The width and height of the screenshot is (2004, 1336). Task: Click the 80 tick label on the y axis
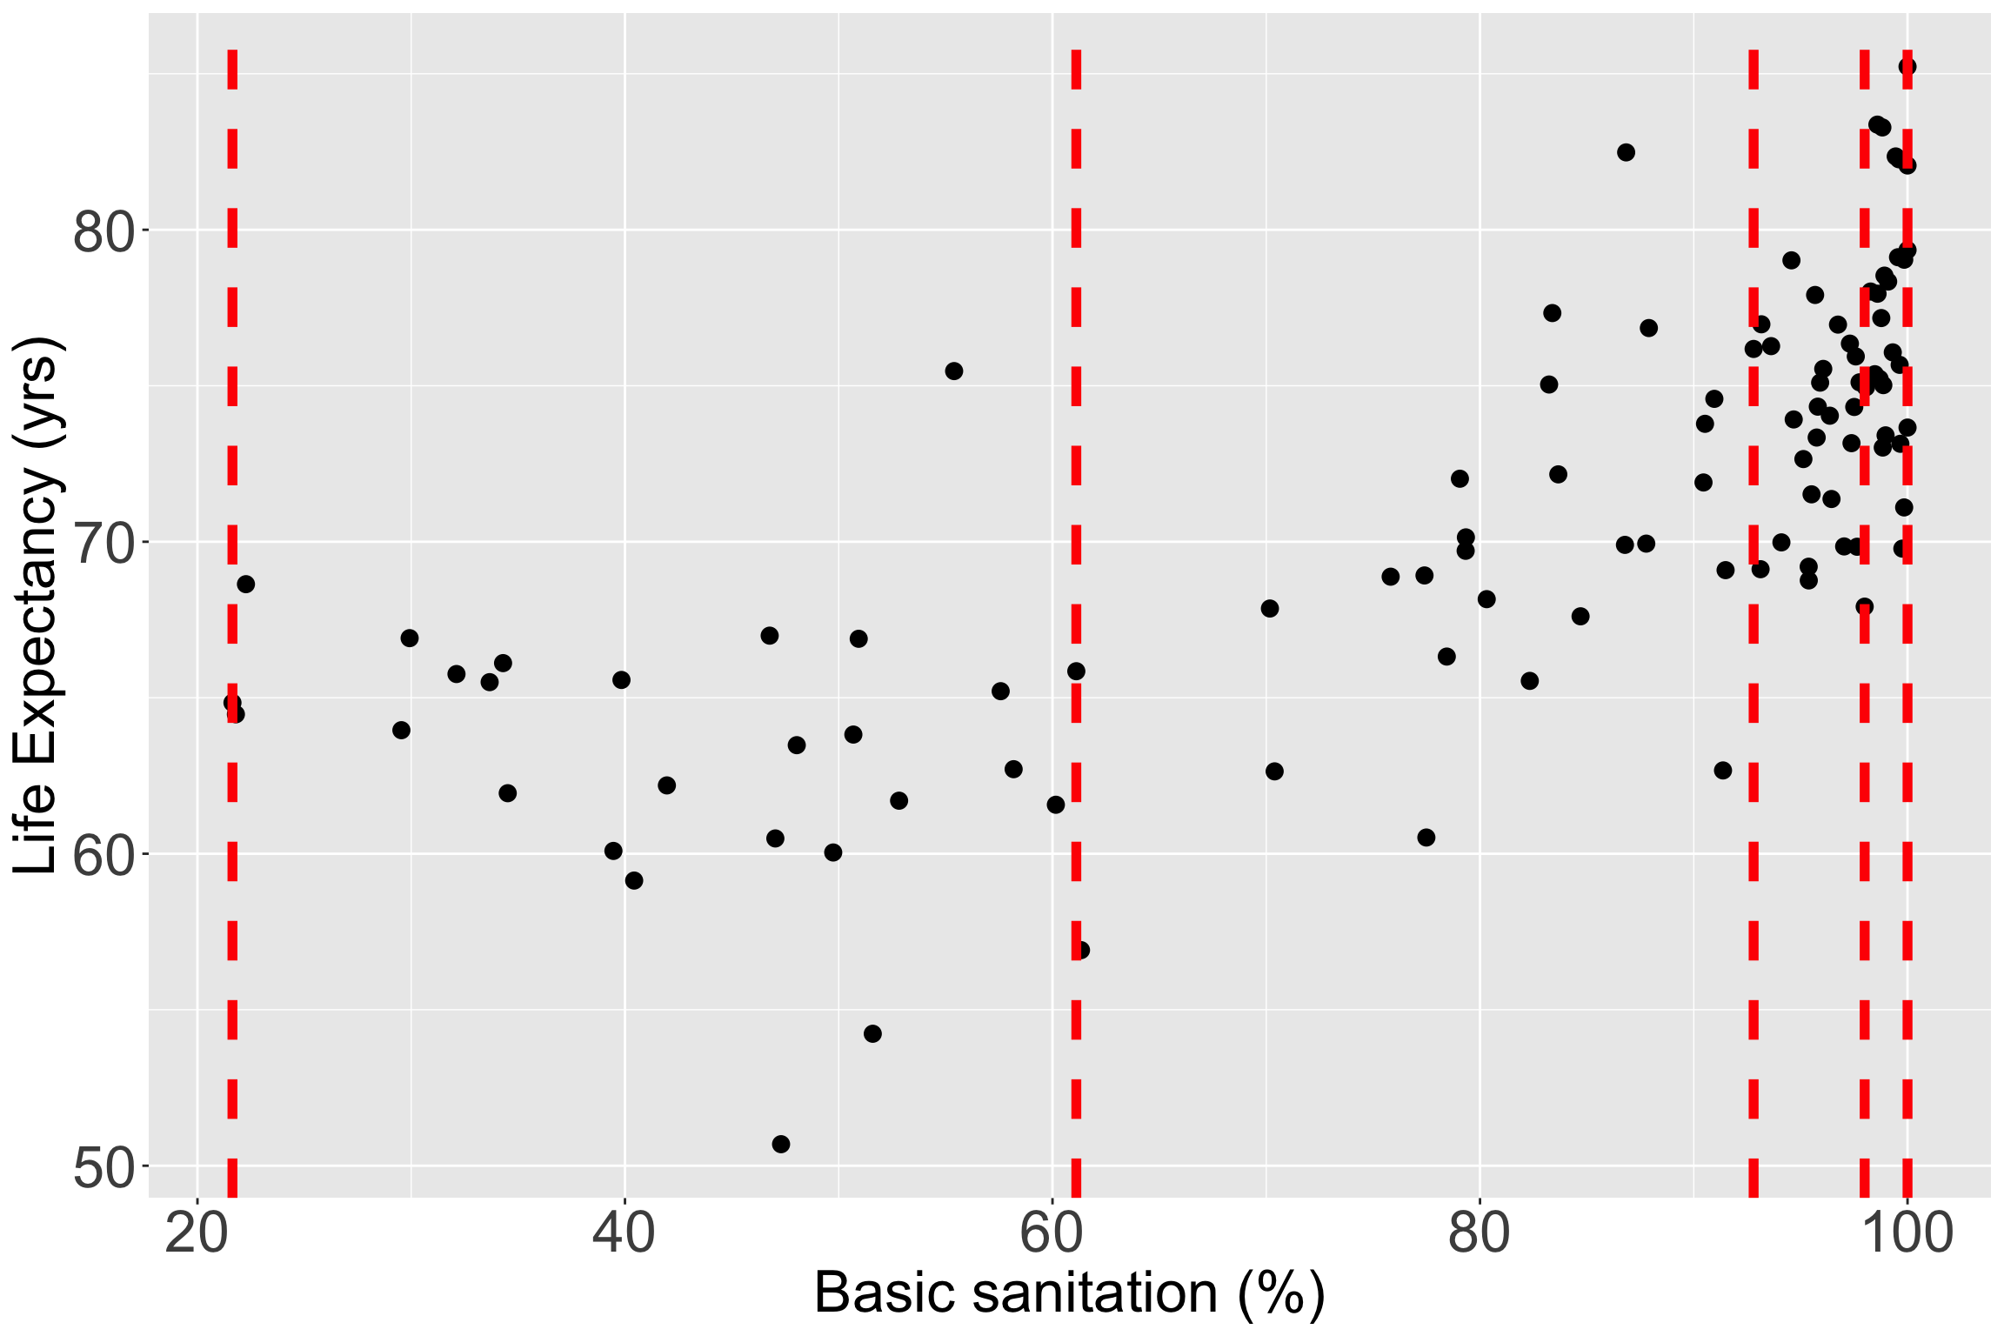[100, 231]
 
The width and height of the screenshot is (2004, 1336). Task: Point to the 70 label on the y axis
[100, 544]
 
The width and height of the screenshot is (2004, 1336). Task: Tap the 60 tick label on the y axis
[100, 856]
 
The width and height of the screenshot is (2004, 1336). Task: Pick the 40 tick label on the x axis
[624, 1235]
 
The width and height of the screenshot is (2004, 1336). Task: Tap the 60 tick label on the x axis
[1052, 1235]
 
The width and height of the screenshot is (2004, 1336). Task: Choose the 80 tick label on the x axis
[1480, 1235]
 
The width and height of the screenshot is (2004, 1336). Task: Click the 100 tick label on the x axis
[1907, 1235]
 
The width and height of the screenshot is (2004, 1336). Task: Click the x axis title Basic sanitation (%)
[1069, 1294]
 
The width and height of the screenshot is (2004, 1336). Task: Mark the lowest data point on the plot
[781, 1144]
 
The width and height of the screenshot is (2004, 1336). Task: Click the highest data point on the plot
[1907, 66]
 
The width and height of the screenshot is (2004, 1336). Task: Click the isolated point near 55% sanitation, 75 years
[954, 371]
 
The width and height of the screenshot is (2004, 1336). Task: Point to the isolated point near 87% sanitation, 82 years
[1626, 152]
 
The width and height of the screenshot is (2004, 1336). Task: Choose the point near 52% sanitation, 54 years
[872, 1033]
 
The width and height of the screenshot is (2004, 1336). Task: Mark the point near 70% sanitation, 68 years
[1270, 608]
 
